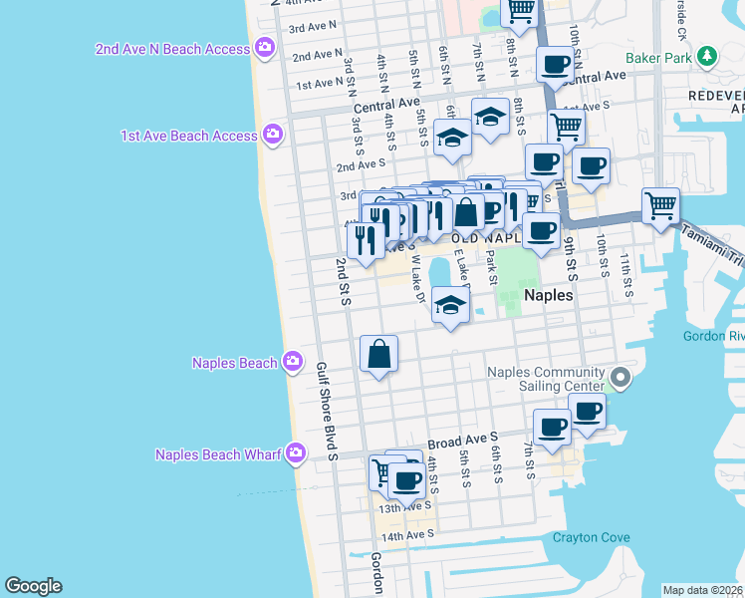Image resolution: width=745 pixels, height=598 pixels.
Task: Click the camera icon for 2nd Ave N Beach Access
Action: (264, 47)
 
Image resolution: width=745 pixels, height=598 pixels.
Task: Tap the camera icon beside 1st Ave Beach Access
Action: (273, 134)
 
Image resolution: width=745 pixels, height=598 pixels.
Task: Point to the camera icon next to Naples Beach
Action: (292, 361)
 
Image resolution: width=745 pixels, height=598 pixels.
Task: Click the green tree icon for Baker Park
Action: (707, 55)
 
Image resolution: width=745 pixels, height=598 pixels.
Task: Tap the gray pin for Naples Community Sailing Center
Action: (620, 378)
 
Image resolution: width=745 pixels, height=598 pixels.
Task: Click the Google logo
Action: (33, 586)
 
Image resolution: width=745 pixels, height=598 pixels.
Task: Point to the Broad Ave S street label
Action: (462, 439)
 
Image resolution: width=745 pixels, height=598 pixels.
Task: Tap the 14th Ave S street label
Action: (410, 536)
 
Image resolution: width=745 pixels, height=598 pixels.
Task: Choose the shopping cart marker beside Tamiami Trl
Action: (660, 206)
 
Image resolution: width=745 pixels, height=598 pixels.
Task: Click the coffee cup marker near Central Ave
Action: (555, 66)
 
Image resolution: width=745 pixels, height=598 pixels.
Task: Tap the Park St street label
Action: (491, 264)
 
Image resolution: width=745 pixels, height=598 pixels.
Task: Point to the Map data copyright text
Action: (702, 590)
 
